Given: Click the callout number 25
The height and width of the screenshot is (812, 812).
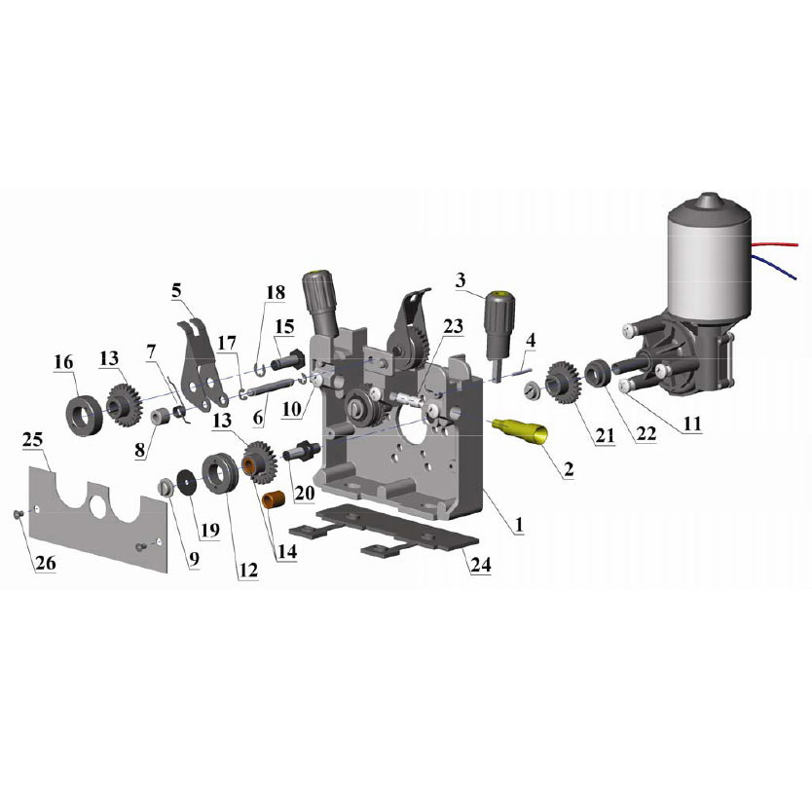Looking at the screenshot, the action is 33,440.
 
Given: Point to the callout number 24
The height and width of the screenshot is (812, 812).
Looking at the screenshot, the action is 480,564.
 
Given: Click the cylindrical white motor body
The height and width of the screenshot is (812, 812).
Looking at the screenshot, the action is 709,264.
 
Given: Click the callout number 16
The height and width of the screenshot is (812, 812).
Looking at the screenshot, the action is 63,362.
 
